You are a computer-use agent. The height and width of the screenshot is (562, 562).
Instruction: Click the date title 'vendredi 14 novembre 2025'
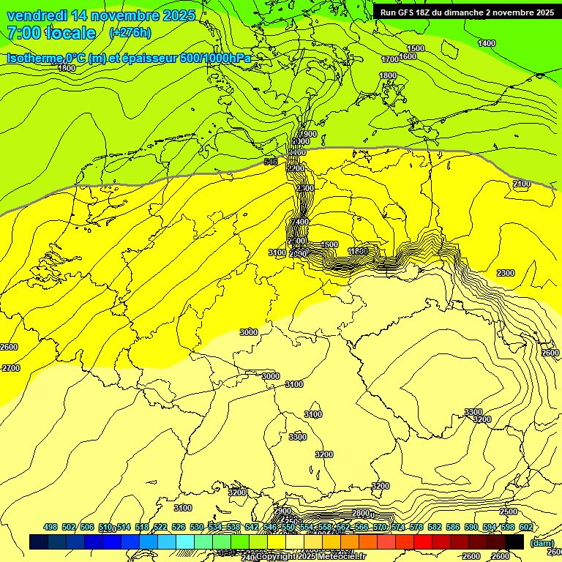(101, 15)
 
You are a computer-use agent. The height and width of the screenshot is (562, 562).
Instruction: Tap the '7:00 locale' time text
(51, 33)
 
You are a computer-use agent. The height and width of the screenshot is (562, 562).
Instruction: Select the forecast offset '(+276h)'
(130, 33)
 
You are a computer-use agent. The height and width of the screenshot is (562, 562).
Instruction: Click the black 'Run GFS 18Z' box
(466, 12)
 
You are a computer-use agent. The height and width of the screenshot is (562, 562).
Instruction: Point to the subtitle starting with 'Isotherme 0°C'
(129, 58)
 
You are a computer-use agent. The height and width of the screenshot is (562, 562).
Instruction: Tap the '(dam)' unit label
(542, 543)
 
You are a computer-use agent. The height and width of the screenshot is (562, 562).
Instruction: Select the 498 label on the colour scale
(50, 527)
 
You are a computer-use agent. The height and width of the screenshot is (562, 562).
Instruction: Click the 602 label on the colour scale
(526, 527)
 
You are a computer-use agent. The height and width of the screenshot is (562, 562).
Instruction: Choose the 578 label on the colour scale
(416, 527)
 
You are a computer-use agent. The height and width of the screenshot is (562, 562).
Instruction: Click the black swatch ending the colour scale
(514, 542)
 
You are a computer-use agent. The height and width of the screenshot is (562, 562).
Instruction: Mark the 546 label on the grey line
(271, 161)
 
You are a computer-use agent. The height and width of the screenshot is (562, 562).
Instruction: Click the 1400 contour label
(486, 43)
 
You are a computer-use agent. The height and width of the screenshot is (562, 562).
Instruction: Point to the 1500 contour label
(416, 48)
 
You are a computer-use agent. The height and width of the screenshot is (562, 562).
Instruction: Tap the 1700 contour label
(391, 59)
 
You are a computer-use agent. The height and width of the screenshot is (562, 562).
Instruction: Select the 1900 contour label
(308, 134)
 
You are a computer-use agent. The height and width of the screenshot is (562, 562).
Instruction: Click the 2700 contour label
(11, 368)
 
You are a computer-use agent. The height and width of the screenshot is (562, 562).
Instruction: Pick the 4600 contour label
(329, 244)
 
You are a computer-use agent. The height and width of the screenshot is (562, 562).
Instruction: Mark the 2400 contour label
(301, 222)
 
